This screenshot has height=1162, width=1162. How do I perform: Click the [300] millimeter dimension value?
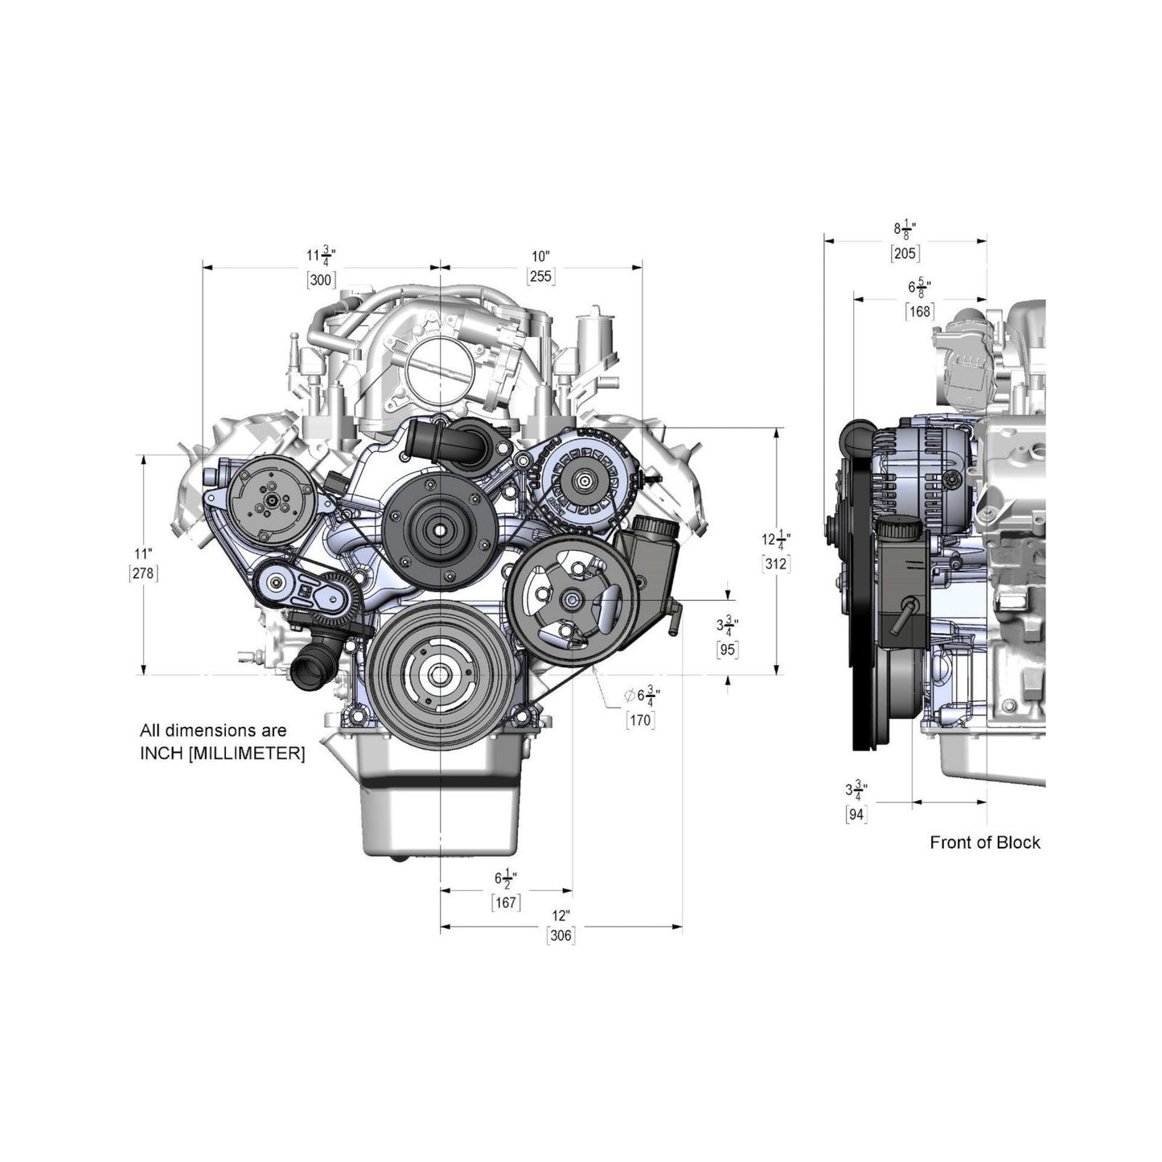[x=321, y=280]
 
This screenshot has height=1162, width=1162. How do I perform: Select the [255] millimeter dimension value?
[x=540, y=277]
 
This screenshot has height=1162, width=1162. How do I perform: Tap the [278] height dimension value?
[x=144, y=573]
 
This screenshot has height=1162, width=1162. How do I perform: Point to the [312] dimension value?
[x=775, y=564]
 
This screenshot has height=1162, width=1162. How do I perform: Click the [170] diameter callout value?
[x=640, y=721]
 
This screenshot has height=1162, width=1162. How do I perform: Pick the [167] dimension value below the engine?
[x=506, y=902]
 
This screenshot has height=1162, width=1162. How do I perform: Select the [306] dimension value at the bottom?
[x=560, y=935]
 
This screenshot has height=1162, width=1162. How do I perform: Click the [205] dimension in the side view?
[x=905, y=253]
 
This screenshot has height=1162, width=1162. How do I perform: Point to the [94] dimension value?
[x=856, y=814]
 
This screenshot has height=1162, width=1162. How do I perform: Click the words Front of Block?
[x=984, y=843]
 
